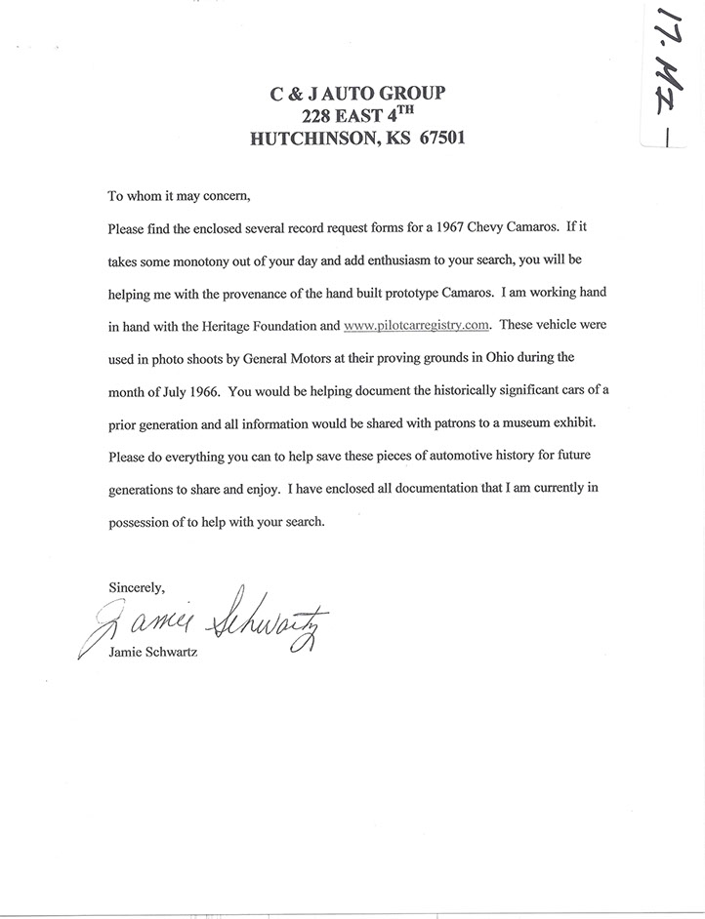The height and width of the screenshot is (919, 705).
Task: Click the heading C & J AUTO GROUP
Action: (x=356, y=94)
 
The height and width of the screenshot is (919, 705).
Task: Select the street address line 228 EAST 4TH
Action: (x=357, y=116)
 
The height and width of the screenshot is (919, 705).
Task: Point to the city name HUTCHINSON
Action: (x=311, y=139)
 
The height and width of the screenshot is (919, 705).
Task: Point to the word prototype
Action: (x=456, y=295)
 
